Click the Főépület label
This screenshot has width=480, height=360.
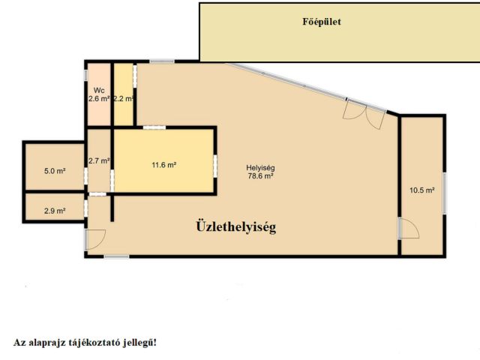click(x=322, y=22)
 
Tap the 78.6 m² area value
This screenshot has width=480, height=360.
click(x=260, y=176)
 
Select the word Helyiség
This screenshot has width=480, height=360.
click(x=260, y=168)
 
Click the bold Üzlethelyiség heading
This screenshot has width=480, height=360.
click(x=236, y=226)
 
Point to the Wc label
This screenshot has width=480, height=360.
click(x=99, y=90)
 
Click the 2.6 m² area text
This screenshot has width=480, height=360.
click(x=99, y=98)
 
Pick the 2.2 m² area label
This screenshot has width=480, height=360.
click(x=123, y=98)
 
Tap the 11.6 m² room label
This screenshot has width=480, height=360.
click(x=163, y=165)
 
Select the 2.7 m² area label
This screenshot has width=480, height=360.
click(x=99, y=160)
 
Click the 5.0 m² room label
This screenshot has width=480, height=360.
click(x=55, y=171)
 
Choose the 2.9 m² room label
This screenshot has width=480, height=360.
click(x=55, y=211)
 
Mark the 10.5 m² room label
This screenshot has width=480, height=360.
click(x=422, y=190)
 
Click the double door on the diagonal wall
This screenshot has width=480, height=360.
click(x=364, y=113)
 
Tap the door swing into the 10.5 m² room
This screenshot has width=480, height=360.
click(x=409, y=229)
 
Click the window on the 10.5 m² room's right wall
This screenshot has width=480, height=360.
click(x=445, y=193)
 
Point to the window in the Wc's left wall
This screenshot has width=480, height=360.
click(x=86, y=76)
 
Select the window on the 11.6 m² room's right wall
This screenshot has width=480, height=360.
click(x=215, y=166)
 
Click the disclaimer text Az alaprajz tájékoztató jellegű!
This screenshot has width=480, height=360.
click(x=85, y=343)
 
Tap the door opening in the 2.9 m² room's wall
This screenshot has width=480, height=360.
click(x=86, y=208)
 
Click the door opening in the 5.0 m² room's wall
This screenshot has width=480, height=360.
click(x=86, y=176)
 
